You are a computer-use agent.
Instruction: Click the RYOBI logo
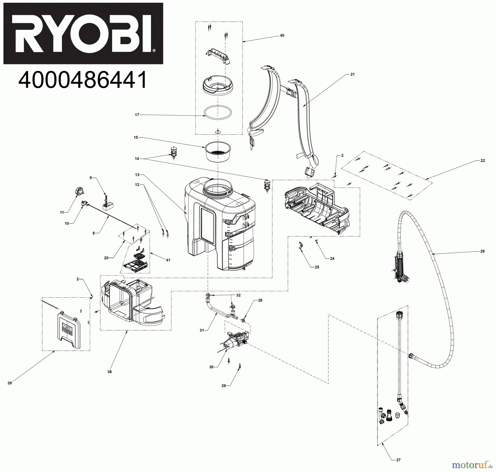tap(83, 33)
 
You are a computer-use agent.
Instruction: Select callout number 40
tap(282, 36)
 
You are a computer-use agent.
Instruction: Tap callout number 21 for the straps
tap(352, 74)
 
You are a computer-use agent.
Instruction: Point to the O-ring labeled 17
tap(218, 113)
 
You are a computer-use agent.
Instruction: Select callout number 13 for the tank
tap(137, 175)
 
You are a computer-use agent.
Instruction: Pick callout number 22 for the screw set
tap(482, 161)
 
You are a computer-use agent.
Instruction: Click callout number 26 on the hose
tap(482, 251)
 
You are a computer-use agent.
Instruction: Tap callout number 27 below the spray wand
tap(398, 460)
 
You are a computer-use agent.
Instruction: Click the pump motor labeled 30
tap(234, 342)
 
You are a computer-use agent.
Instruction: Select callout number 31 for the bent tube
tap(202, 330)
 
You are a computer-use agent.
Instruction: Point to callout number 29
tap(223, 386)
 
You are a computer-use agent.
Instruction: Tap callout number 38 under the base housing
tap(110, 372)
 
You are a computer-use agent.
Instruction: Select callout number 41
tap(168, 260)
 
